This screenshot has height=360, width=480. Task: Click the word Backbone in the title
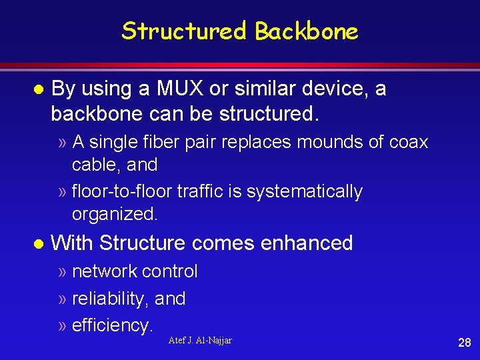coord(307,31)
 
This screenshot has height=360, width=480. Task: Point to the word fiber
coord(165,142)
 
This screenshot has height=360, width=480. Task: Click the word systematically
coord(304,192)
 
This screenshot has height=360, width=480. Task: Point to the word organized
coord(114,215)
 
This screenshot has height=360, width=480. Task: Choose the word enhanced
coord(307,243)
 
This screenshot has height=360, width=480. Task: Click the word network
coord(105,271)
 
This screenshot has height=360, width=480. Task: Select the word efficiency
coord(112,325)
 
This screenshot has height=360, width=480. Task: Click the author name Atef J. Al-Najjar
coord(200,341)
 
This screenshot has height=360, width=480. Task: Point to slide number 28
coord(464,343)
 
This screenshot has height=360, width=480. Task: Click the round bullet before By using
coord(39,89)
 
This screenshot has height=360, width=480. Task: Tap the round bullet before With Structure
coord(39,243)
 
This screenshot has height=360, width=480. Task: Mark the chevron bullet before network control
coord(62,272)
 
